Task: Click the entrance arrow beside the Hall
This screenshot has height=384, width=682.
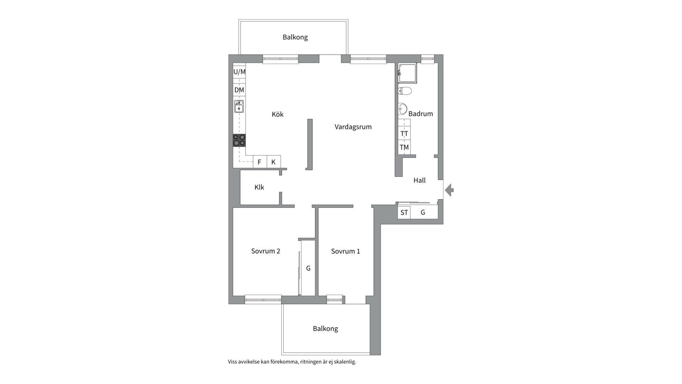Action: [x=449, y=190]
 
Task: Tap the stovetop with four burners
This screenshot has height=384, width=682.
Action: [x=239, y=140]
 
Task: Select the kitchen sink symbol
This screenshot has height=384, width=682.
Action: [x=239, y=106]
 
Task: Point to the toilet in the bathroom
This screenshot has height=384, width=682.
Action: [x=405, y=91]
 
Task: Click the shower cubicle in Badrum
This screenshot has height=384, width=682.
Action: [x=407, y=73]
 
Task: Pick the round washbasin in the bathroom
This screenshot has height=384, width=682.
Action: [x=402, y=109]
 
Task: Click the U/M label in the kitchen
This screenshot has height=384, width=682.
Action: [x=239, y=72]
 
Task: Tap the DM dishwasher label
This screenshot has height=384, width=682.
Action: [x=239, y=90]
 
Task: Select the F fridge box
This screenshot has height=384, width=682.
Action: [x=260, y=162]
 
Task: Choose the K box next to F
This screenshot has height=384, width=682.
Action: [x=274, y=162]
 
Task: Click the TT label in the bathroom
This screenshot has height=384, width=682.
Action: [x=404, y=134]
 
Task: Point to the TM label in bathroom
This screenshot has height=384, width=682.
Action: [x=404, y=147]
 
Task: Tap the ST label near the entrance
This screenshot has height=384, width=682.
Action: [x=404, y=213]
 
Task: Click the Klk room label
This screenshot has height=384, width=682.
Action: [x=259, y=187]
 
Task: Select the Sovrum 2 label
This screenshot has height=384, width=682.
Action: [x=266, y=251]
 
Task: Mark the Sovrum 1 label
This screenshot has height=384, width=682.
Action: [x=346, y=251]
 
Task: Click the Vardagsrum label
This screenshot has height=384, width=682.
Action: [x=353, y=127]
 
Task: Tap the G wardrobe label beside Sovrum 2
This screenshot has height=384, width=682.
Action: [x=308, y=268]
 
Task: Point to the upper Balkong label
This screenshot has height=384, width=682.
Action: [x=295, y=37]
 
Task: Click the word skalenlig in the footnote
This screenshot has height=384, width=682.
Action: [x=345, y=362]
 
